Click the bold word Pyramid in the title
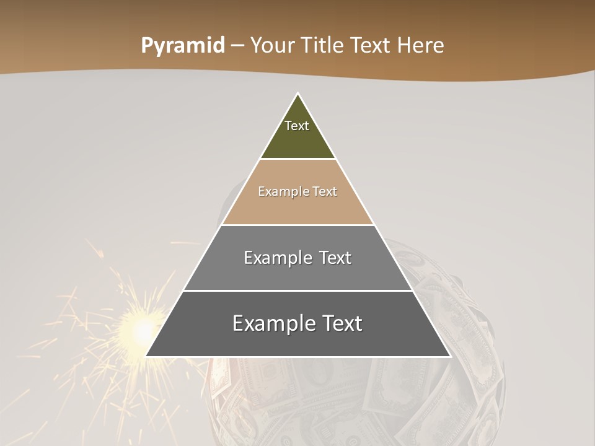tap(182, 46)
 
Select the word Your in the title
tap(271, 46)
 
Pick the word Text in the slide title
tap(371, 46)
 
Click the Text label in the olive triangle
tap(297, 126)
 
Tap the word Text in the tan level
tap(325, 192)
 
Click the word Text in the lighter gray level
tap(335, 258)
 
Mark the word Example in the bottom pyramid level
tap(270, 324)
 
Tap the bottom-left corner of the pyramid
tap(147, 356)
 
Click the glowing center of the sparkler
tap(141, 328)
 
